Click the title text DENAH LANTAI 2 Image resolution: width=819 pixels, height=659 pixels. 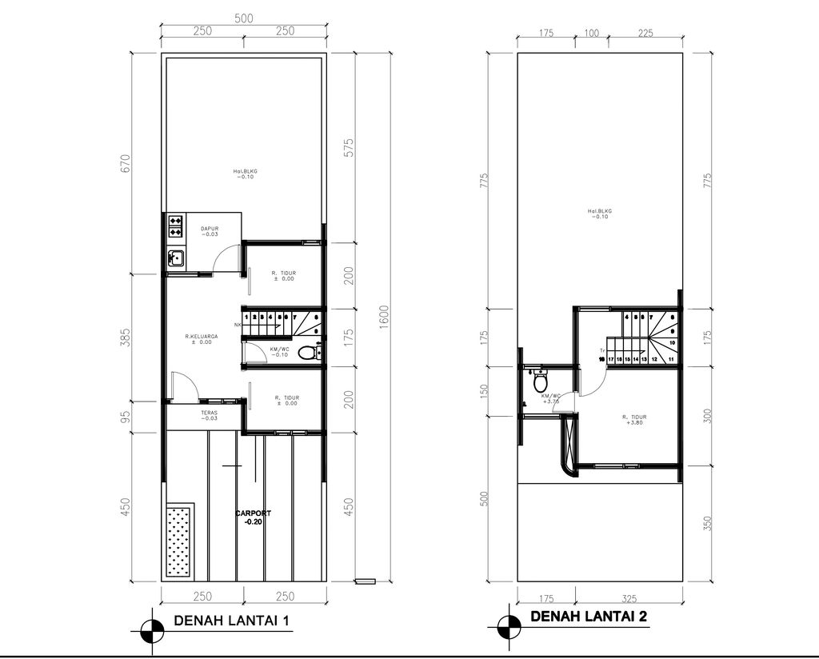pos(588,617)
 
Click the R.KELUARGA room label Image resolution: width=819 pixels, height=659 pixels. pos(201,339)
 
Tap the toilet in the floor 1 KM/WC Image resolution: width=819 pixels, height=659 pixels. pos(306,352)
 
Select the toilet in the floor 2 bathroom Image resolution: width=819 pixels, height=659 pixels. pos(538,382)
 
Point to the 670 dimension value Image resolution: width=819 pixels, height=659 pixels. pos(126,166)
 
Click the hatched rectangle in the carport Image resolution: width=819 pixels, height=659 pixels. pos(179,541)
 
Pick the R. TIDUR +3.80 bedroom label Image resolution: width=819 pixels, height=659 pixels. pos(633,420)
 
